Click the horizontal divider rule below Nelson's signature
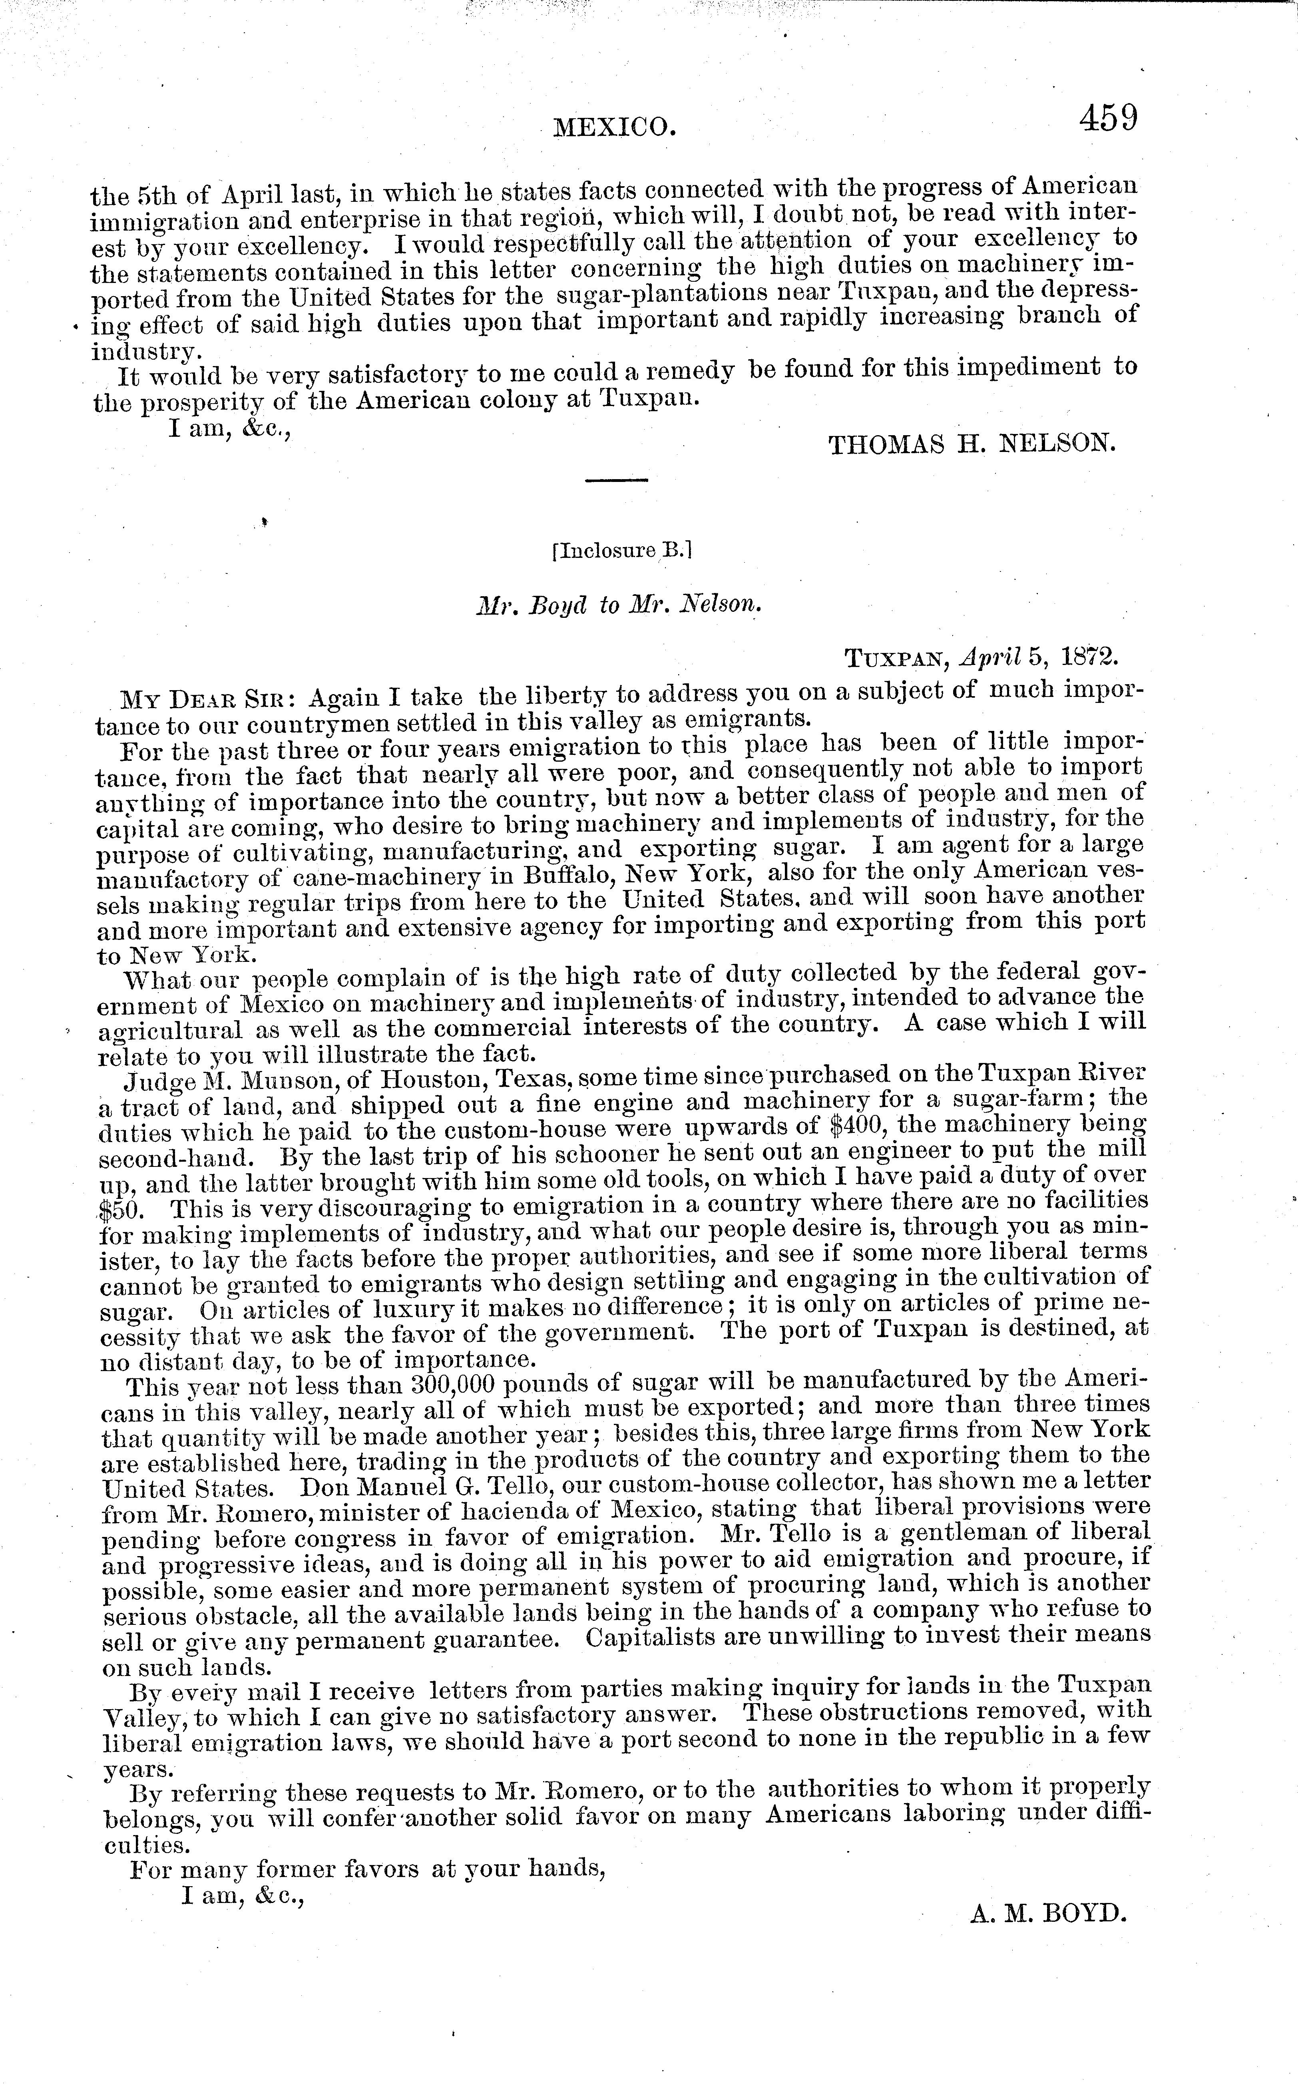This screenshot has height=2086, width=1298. click(x=616, y=479)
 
